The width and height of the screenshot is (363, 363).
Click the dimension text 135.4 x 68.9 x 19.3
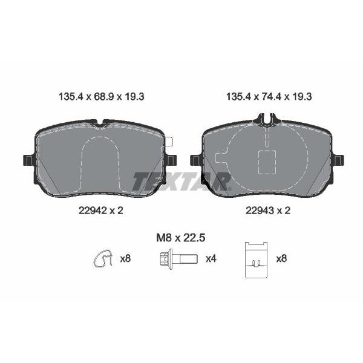[102, 97]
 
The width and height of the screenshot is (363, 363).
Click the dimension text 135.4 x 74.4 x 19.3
[269, 97]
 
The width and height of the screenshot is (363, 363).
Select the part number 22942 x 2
[101, 211]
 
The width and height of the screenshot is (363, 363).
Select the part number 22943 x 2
[268, 211]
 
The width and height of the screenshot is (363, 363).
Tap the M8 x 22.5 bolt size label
[180, 238]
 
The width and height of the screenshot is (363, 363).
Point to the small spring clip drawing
[103, 258]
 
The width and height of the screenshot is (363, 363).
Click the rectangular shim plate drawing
[256, 260]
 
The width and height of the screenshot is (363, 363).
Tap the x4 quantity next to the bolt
[211, 258]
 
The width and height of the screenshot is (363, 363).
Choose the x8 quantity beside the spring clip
[125, 258]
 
